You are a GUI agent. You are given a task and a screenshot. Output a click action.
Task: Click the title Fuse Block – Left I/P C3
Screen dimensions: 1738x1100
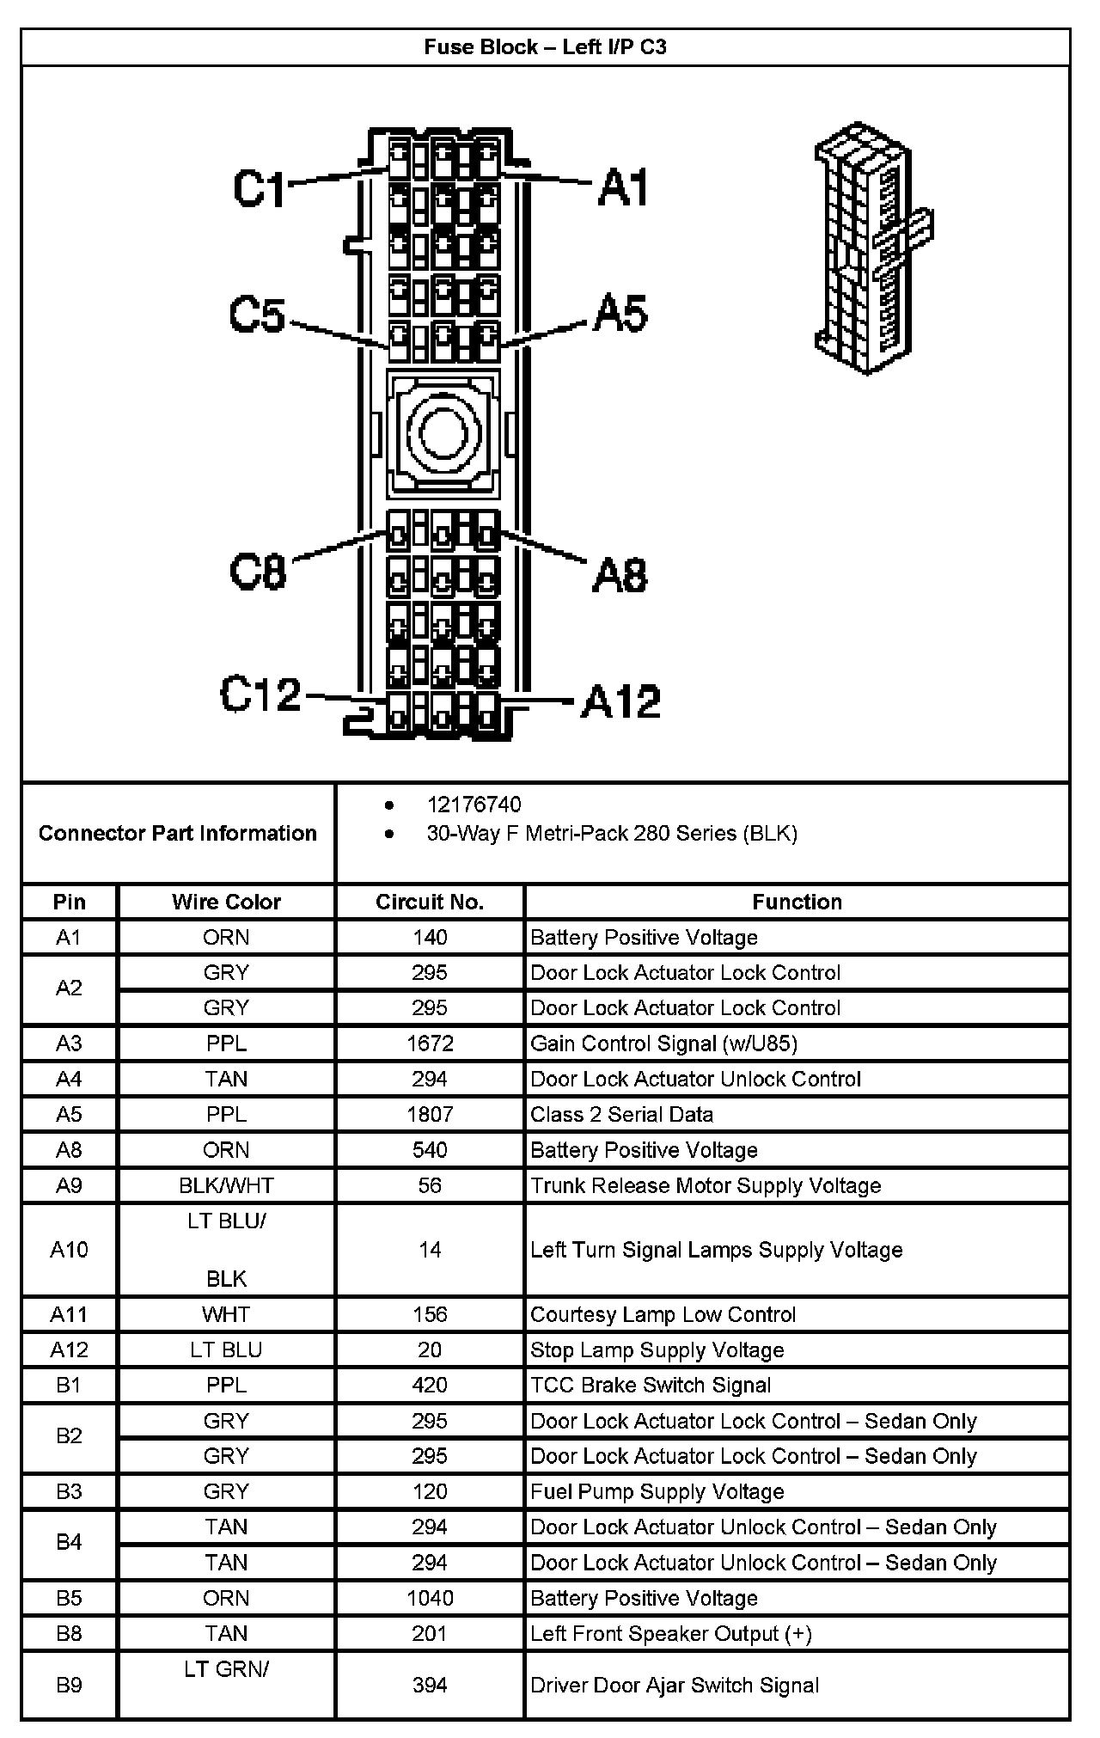545,46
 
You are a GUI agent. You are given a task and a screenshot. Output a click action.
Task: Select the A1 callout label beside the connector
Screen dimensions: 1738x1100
624,187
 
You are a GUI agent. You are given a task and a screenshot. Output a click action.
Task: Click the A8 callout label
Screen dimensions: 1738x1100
620,574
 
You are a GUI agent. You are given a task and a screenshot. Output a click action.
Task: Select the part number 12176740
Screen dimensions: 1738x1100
474,805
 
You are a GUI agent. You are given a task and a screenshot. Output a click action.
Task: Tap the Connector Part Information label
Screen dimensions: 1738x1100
177,833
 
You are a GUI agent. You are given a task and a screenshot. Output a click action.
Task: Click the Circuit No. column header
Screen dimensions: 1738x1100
430,902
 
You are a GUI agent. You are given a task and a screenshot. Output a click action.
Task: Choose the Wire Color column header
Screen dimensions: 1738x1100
226,902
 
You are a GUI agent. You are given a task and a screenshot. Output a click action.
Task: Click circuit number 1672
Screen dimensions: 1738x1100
430,1043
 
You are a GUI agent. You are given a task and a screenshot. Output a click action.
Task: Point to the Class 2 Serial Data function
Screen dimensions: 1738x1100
621,1115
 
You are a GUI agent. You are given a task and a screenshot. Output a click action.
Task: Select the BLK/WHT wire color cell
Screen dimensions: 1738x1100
226,1185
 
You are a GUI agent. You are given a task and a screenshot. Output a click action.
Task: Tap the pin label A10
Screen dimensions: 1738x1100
69,1250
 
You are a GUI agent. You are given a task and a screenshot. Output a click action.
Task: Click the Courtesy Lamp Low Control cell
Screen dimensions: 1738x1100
663,1314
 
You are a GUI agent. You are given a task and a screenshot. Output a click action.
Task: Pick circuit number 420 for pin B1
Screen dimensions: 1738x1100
430,1385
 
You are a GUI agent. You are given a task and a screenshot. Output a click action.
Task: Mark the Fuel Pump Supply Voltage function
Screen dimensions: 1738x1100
657,1491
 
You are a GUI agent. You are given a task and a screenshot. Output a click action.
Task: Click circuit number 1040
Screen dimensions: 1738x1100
430,1598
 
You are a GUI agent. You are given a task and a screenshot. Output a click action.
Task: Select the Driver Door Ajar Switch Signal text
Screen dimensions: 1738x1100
675,1685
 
